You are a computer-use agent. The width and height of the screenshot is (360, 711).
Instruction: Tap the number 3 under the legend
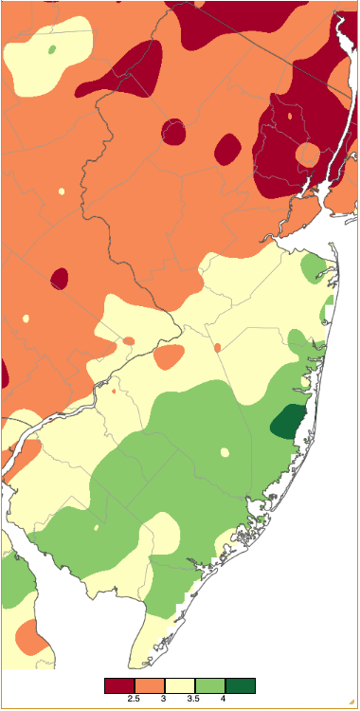[165, 700]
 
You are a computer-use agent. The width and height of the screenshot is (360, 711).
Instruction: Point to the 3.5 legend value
[194, 700]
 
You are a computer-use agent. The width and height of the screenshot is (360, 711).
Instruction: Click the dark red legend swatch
[119, 685]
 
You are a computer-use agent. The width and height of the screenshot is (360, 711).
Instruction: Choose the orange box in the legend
[150, 685]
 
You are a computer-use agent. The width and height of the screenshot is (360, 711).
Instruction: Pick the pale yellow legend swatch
[180, 685]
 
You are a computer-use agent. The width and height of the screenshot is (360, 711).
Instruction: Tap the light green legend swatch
[210, 685]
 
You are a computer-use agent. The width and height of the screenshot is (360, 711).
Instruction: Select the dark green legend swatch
[241, 685]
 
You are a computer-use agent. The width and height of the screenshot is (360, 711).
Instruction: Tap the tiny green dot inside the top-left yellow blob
[51, 48]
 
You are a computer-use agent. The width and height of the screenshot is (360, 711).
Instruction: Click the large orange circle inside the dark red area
[308, 154]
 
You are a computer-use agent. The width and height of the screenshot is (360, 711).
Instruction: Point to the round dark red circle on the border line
[173, 131]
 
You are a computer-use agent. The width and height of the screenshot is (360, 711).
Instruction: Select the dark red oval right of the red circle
[227, 149]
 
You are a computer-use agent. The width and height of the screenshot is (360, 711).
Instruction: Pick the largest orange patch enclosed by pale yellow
[169, 357]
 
